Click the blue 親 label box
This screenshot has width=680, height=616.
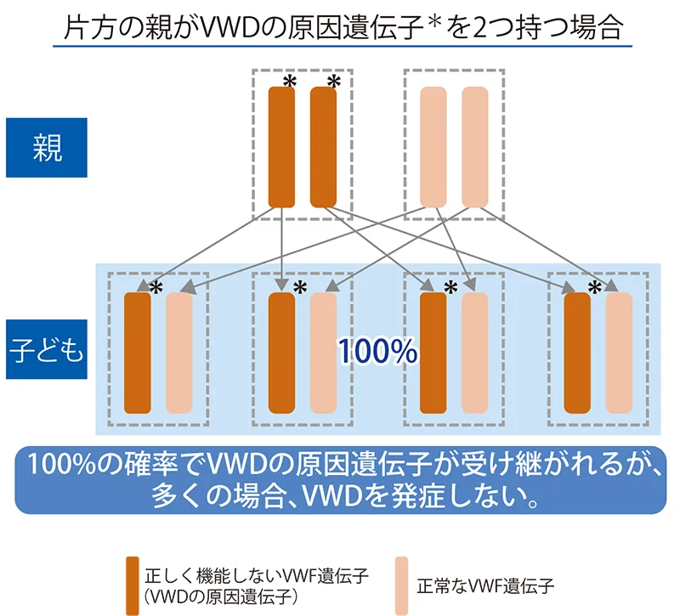pos(47,147)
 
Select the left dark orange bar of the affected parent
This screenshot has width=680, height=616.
pos(281,147)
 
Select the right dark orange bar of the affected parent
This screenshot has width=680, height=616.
pos(323,147)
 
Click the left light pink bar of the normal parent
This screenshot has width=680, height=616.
pos(433,147)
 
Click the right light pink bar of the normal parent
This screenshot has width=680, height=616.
pos(475,147)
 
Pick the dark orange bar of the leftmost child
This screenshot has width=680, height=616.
pos(137,353)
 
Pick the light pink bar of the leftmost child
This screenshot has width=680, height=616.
pos(179,353)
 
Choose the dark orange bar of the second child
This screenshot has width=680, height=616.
pos(281,353)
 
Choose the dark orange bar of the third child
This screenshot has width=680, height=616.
pos(433,353)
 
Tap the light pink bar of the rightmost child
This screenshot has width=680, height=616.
pos(619,353)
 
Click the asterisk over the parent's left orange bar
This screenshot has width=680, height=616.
pos(290,82)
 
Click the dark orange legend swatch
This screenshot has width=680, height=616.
pos(132,585)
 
